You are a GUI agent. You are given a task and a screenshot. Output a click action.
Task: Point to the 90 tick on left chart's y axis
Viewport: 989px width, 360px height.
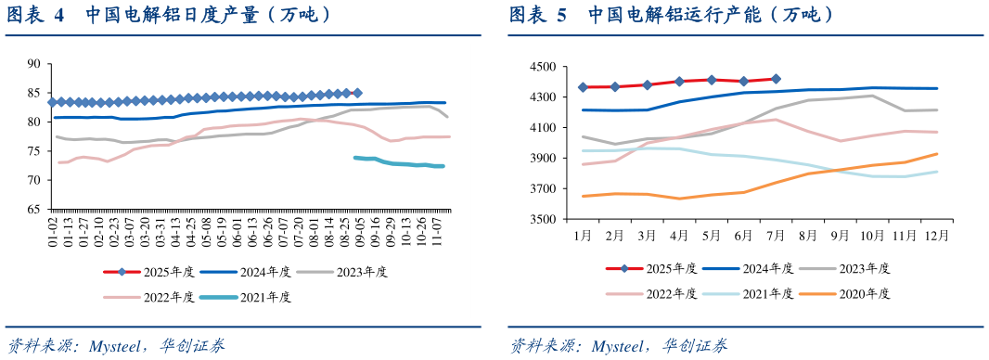click(34, 64)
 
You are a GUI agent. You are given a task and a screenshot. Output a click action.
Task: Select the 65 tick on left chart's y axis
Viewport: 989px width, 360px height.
click(34, 209)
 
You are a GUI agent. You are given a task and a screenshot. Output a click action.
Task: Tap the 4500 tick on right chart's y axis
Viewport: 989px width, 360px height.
click(543, 67)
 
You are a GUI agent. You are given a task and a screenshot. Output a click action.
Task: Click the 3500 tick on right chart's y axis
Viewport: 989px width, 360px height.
click(543, 220)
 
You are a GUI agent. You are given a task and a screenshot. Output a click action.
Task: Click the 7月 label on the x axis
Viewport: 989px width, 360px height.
click(775, 236)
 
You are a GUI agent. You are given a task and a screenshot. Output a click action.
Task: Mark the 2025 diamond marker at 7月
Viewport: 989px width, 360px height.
click(776, 79)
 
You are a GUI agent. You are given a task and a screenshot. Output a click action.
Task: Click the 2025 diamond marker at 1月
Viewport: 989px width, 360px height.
click(583, 87)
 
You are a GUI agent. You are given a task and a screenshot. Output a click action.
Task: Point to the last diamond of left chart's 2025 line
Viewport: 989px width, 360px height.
click(357, 93)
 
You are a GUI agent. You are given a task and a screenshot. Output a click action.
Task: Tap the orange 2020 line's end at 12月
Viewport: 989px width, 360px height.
click(937, 154)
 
